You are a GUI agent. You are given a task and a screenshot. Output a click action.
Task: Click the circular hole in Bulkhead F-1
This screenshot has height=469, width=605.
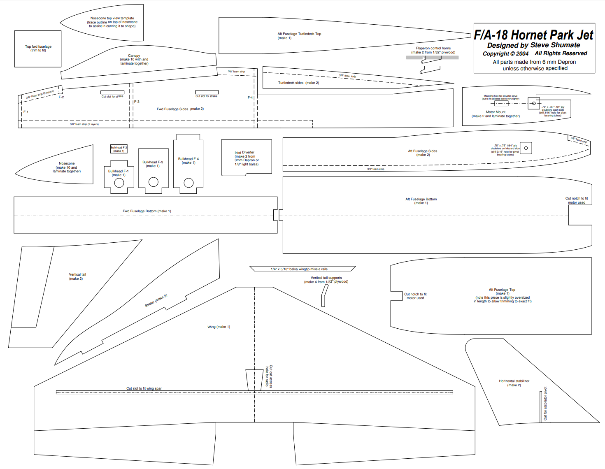pyautogui.click(x=119, y=183)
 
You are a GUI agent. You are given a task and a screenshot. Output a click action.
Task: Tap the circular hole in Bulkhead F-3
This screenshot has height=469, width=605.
pyautogui.click(x=154, y=182)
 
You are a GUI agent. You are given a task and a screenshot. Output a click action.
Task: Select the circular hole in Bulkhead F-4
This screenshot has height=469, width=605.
pyautogui.click(x=189, y=183)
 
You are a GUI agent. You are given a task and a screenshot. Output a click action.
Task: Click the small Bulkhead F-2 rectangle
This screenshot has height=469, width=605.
pyautogui.click(x=119, y=149)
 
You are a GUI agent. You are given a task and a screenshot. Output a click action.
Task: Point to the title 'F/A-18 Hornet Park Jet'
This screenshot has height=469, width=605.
pyautogui.click(x=533, y=35)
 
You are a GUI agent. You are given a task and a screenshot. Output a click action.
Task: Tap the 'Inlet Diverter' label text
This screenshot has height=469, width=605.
pyautogui.click(x=244, y=153)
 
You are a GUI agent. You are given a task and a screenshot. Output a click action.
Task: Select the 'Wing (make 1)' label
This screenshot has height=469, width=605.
pyautogui.click(x=219, y=327)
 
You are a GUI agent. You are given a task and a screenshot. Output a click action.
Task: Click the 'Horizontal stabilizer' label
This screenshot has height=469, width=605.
pyautogui.click(x=514, y=381)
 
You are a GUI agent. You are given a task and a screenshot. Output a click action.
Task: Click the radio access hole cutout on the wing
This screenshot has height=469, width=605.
pyautogui.click(x=254, y=380)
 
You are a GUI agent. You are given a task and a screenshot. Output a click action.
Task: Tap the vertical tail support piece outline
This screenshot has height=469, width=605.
pyautogui.click(x=325, y=295)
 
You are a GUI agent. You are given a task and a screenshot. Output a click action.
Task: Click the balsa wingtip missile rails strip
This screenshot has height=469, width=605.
pyautogui.click(x=302, y=269)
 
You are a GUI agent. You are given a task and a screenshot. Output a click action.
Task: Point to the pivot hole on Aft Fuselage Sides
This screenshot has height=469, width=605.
pyautogui.click(x=526, y=148)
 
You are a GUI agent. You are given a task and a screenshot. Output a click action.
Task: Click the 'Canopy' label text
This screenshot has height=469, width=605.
pyautogui.click(x=134, y=56)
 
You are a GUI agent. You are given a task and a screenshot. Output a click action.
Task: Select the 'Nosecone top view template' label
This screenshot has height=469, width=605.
pyautogui.click(x=112, y=19)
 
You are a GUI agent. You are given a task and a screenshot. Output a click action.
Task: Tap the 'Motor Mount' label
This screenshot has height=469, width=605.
pyautogui.click(x=496, y=112)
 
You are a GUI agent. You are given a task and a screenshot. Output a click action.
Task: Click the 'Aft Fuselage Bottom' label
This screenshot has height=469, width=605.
pyautogui.click(x=421, y=199)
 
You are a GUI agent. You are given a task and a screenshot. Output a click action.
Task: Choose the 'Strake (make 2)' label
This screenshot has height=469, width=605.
pyautogui.click(x=156, y=301)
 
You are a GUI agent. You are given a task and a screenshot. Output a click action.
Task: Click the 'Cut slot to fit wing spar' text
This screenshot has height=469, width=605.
pyautogui.click(x=144, y=388)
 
